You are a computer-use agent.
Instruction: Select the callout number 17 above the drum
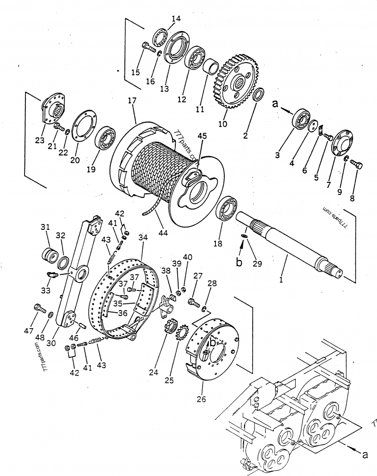[132, 101]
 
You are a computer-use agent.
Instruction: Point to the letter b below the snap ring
[239, 262]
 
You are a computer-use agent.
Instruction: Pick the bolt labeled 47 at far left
[38, 308]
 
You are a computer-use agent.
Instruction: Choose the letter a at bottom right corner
[364, 454]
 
